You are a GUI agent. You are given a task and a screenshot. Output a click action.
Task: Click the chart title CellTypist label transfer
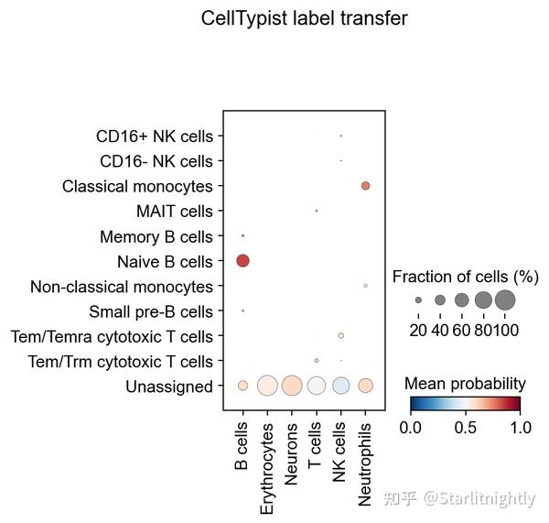click(x=305, y=18)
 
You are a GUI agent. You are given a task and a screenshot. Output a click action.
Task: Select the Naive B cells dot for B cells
click(x=242, y=261)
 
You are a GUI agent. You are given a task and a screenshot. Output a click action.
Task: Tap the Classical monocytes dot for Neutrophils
click(x=365, y=186)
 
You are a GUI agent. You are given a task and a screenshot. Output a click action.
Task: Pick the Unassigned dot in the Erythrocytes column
click(x=267, y=386)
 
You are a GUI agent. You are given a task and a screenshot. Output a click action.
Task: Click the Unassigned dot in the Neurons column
click(x=292, y=386)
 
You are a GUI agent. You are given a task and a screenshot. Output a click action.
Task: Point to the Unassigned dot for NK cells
click(x=340, y=386)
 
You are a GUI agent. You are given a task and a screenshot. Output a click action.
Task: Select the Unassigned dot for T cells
click(x=316, y=386)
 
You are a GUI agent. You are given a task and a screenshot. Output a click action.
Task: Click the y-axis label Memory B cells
click(x=156, y=236)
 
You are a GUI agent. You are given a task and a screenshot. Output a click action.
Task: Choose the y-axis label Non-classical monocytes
click(x=121, y=287)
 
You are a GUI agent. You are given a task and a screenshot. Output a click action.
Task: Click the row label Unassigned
click(x=169, y=387)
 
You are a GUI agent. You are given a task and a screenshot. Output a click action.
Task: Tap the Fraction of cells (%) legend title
click(x=466, y=277)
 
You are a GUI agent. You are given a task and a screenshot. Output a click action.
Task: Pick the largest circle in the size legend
click(x=505, y=300)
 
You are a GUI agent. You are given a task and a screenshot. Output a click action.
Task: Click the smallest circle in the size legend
click(x=418, y=300)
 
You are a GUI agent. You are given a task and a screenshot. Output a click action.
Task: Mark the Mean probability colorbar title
click(x=465, y=383)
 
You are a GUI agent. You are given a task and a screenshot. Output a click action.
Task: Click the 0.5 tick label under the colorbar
click(x=465, y=426)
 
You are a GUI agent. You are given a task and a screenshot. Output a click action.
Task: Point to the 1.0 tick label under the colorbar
click(x=519, y=426)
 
